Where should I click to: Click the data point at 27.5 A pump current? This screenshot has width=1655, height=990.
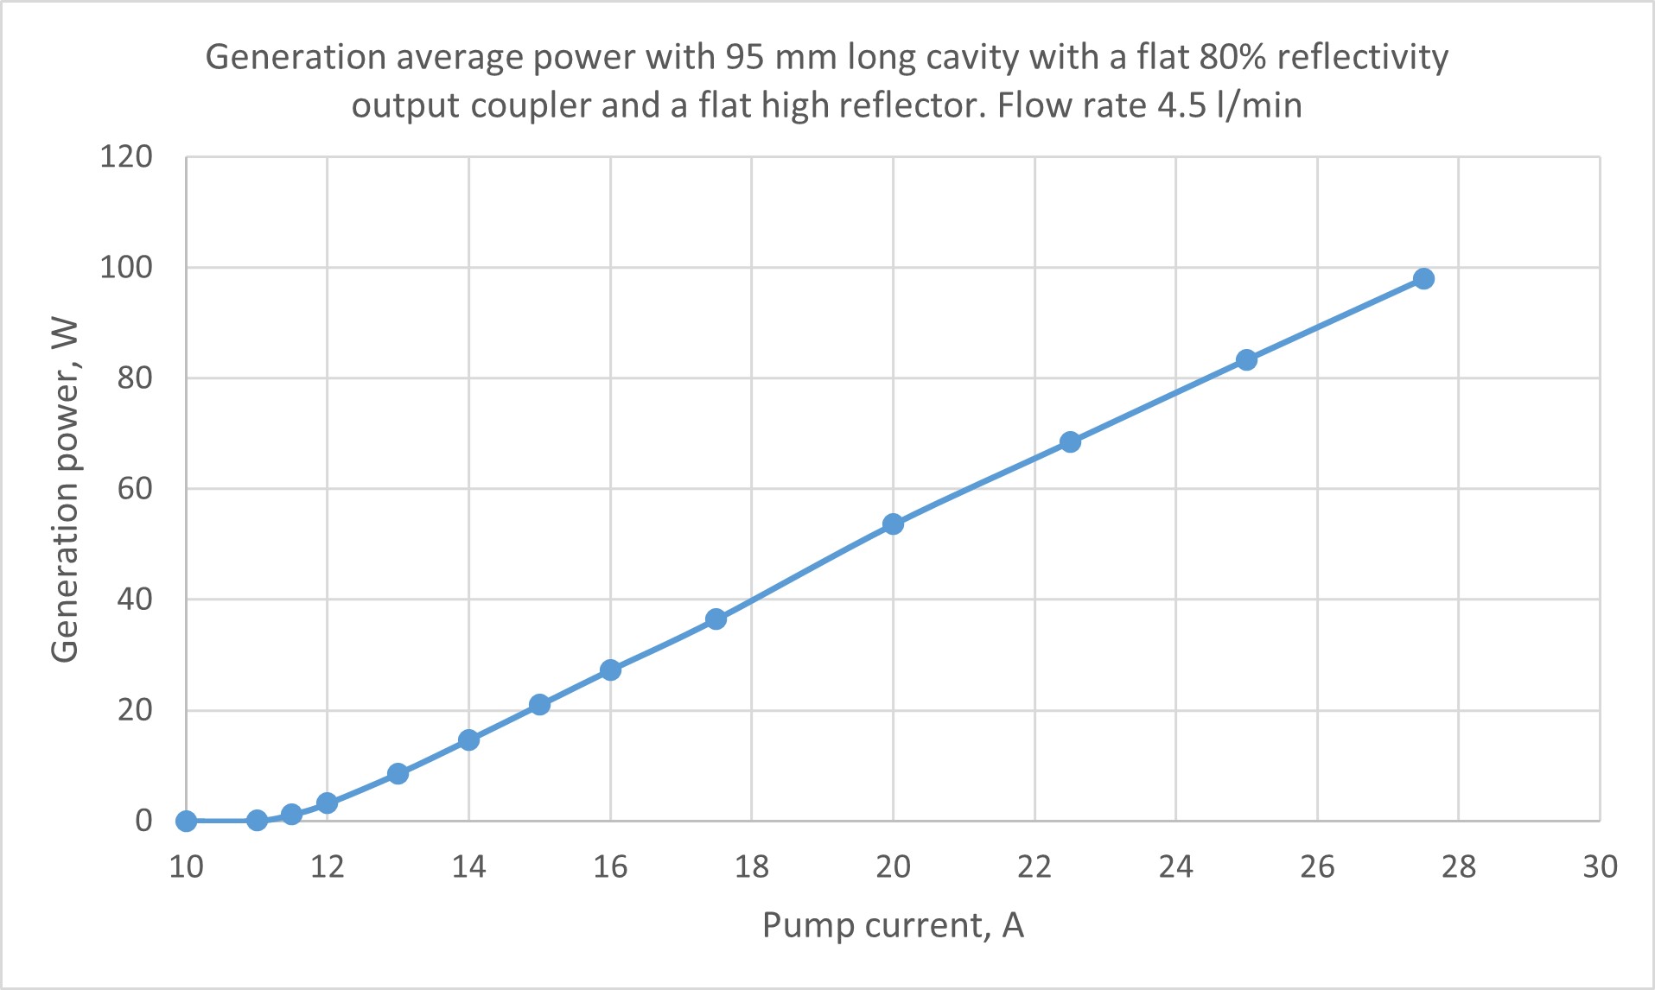pyautogui.click(x=1423, y=278)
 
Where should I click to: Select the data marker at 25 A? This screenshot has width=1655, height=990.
pyautogui.click(x=1246, y=359)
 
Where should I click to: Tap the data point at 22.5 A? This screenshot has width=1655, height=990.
pyautogui.click(x=1070, y=441)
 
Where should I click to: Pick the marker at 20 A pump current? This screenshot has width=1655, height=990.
pyautogui.click(x=893, y=524)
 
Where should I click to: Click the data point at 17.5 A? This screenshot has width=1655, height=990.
pyautogui.click(x=716, y=619)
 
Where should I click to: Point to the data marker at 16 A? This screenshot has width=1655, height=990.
pyautogui.click(x=610, y=670)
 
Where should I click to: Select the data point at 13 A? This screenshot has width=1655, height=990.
pyautogui.click(x=398, y=773)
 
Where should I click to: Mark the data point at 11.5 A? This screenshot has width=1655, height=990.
pyautogui.click(x=291, y=814)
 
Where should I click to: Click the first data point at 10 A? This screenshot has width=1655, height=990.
pyautogui.click(x=186, y=821)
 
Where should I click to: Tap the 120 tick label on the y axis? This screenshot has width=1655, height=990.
pyautogui.click(x=126, y=156)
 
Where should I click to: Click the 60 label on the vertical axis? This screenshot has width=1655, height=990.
pyautogui.click(x=135, y=488)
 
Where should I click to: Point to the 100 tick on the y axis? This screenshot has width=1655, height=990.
pyautogui.click(x=126, y=267)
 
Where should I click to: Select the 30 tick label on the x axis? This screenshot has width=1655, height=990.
pyautogui.click(x=1600, y=866)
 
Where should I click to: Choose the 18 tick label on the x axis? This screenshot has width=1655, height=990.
pyautogui.click(x=751, y=866)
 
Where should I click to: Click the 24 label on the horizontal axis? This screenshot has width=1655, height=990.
pyautogui.click(x=1175, y=866)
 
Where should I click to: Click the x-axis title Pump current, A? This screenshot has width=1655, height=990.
pyautogui.click(x=893, y=925)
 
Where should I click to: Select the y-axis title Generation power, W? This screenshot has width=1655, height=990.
pyautogui.click(x=65, y=490)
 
